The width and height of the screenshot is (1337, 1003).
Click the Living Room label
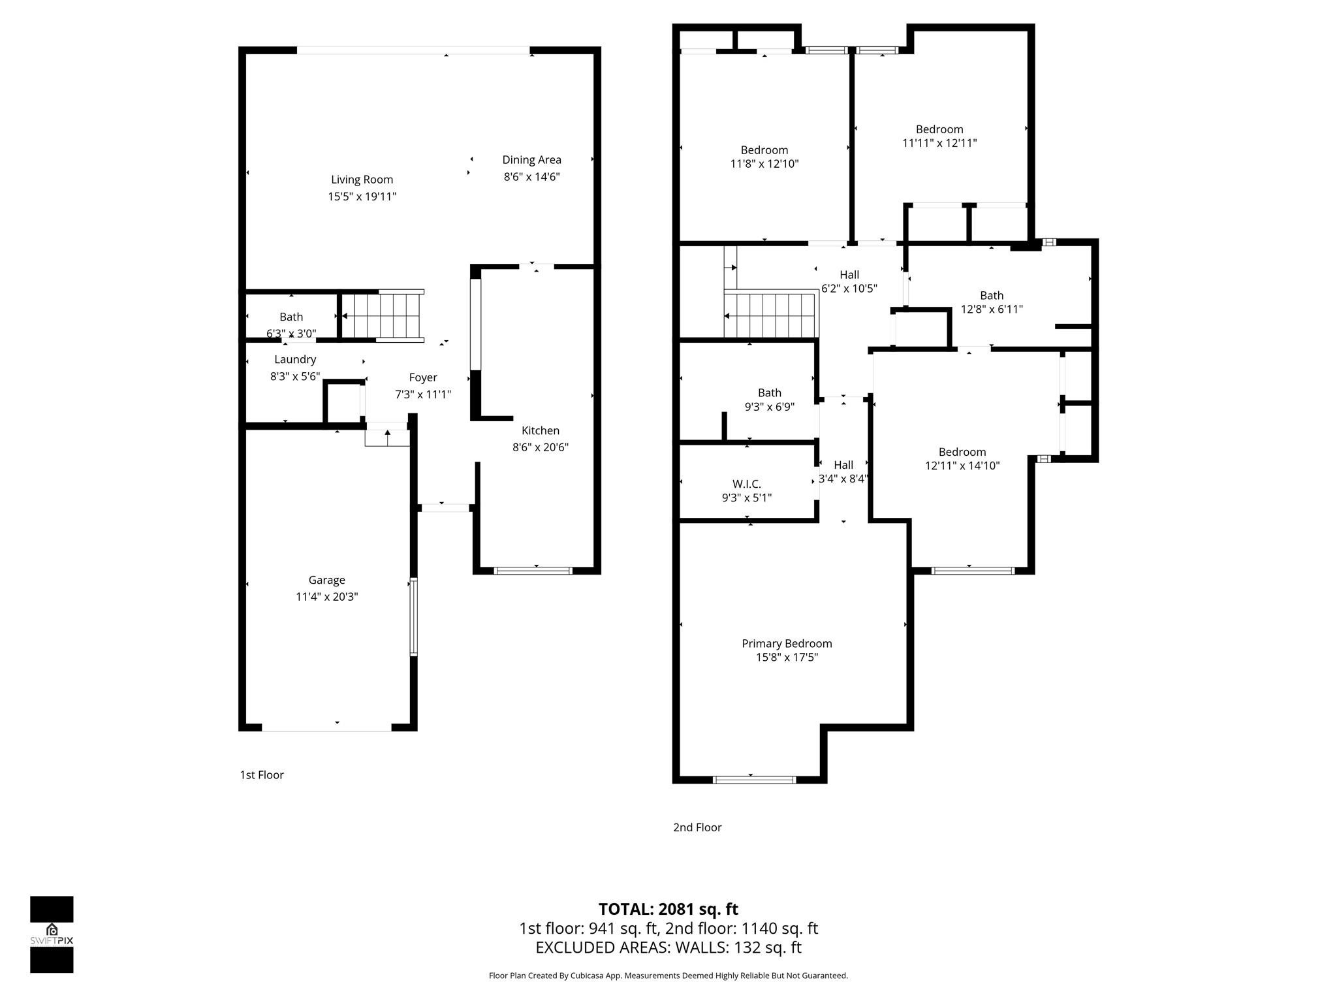(362, 180)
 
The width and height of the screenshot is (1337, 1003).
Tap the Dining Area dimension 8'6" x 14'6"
(531, 177)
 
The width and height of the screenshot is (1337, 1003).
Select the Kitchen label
(540, 430)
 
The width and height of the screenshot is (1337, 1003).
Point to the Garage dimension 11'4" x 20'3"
(326, 597)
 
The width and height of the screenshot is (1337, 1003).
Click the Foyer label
(422, 377)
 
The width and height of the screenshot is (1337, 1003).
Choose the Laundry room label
(295, 359)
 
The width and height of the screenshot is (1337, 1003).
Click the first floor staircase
(383, 316)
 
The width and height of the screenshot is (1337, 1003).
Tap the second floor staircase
(770, 315)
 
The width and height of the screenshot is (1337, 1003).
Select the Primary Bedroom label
(787, 643)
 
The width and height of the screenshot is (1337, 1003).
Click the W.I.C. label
(746, 484)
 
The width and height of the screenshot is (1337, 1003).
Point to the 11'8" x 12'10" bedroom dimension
(764, 164)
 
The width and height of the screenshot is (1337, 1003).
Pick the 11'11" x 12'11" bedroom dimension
(939, 143)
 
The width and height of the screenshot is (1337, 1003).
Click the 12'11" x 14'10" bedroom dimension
(962, 466)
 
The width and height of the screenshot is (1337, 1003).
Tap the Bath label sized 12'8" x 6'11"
(991, 295)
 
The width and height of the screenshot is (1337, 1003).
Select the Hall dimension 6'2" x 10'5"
(849, 289)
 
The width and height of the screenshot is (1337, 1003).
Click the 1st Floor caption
(262, 775)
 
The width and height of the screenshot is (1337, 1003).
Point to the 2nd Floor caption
(697, 827)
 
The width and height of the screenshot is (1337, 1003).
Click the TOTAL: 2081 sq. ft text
(668, 909)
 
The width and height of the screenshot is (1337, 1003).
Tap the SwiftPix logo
(52, 934)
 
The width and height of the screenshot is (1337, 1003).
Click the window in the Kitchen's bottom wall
(533, 571)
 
